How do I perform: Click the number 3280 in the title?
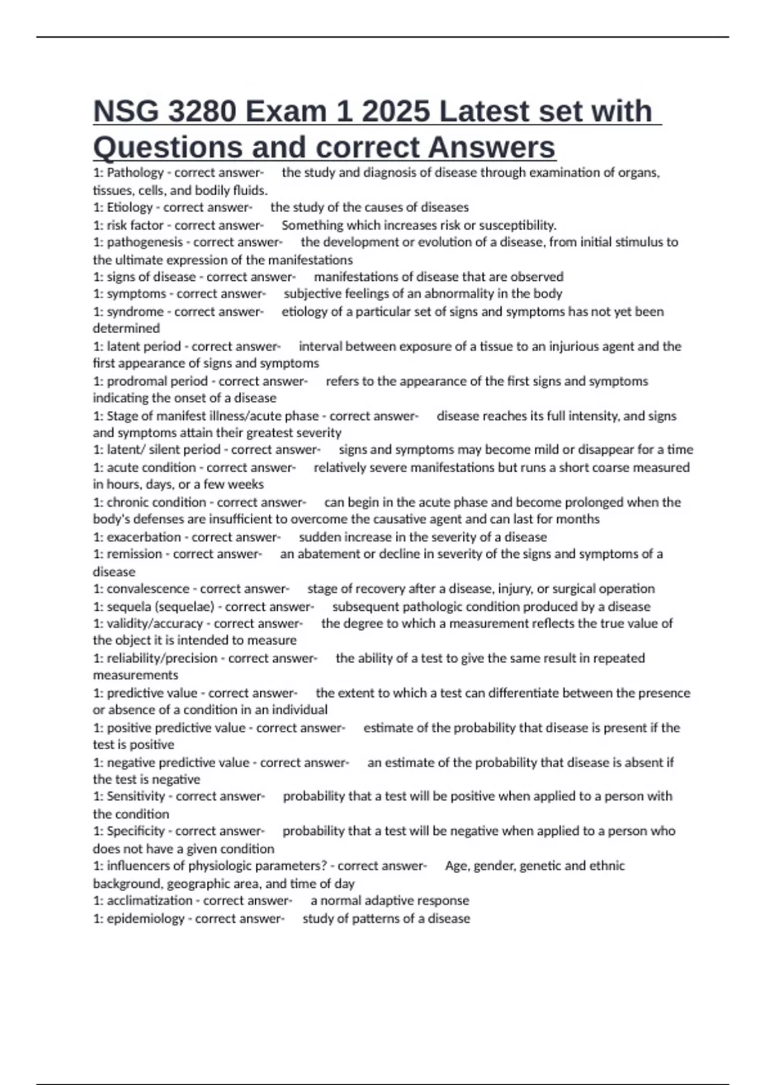[199, 112]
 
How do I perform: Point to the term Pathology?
[135, 172]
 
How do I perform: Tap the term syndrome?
[135, 311]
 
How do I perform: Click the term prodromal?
[133, 381]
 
